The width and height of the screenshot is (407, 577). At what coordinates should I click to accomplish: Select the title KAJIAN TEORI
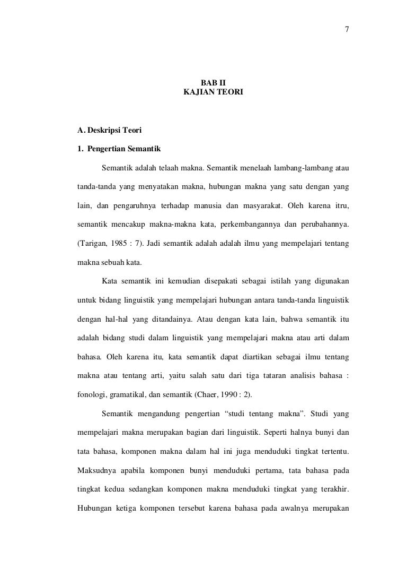[213, 92]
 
